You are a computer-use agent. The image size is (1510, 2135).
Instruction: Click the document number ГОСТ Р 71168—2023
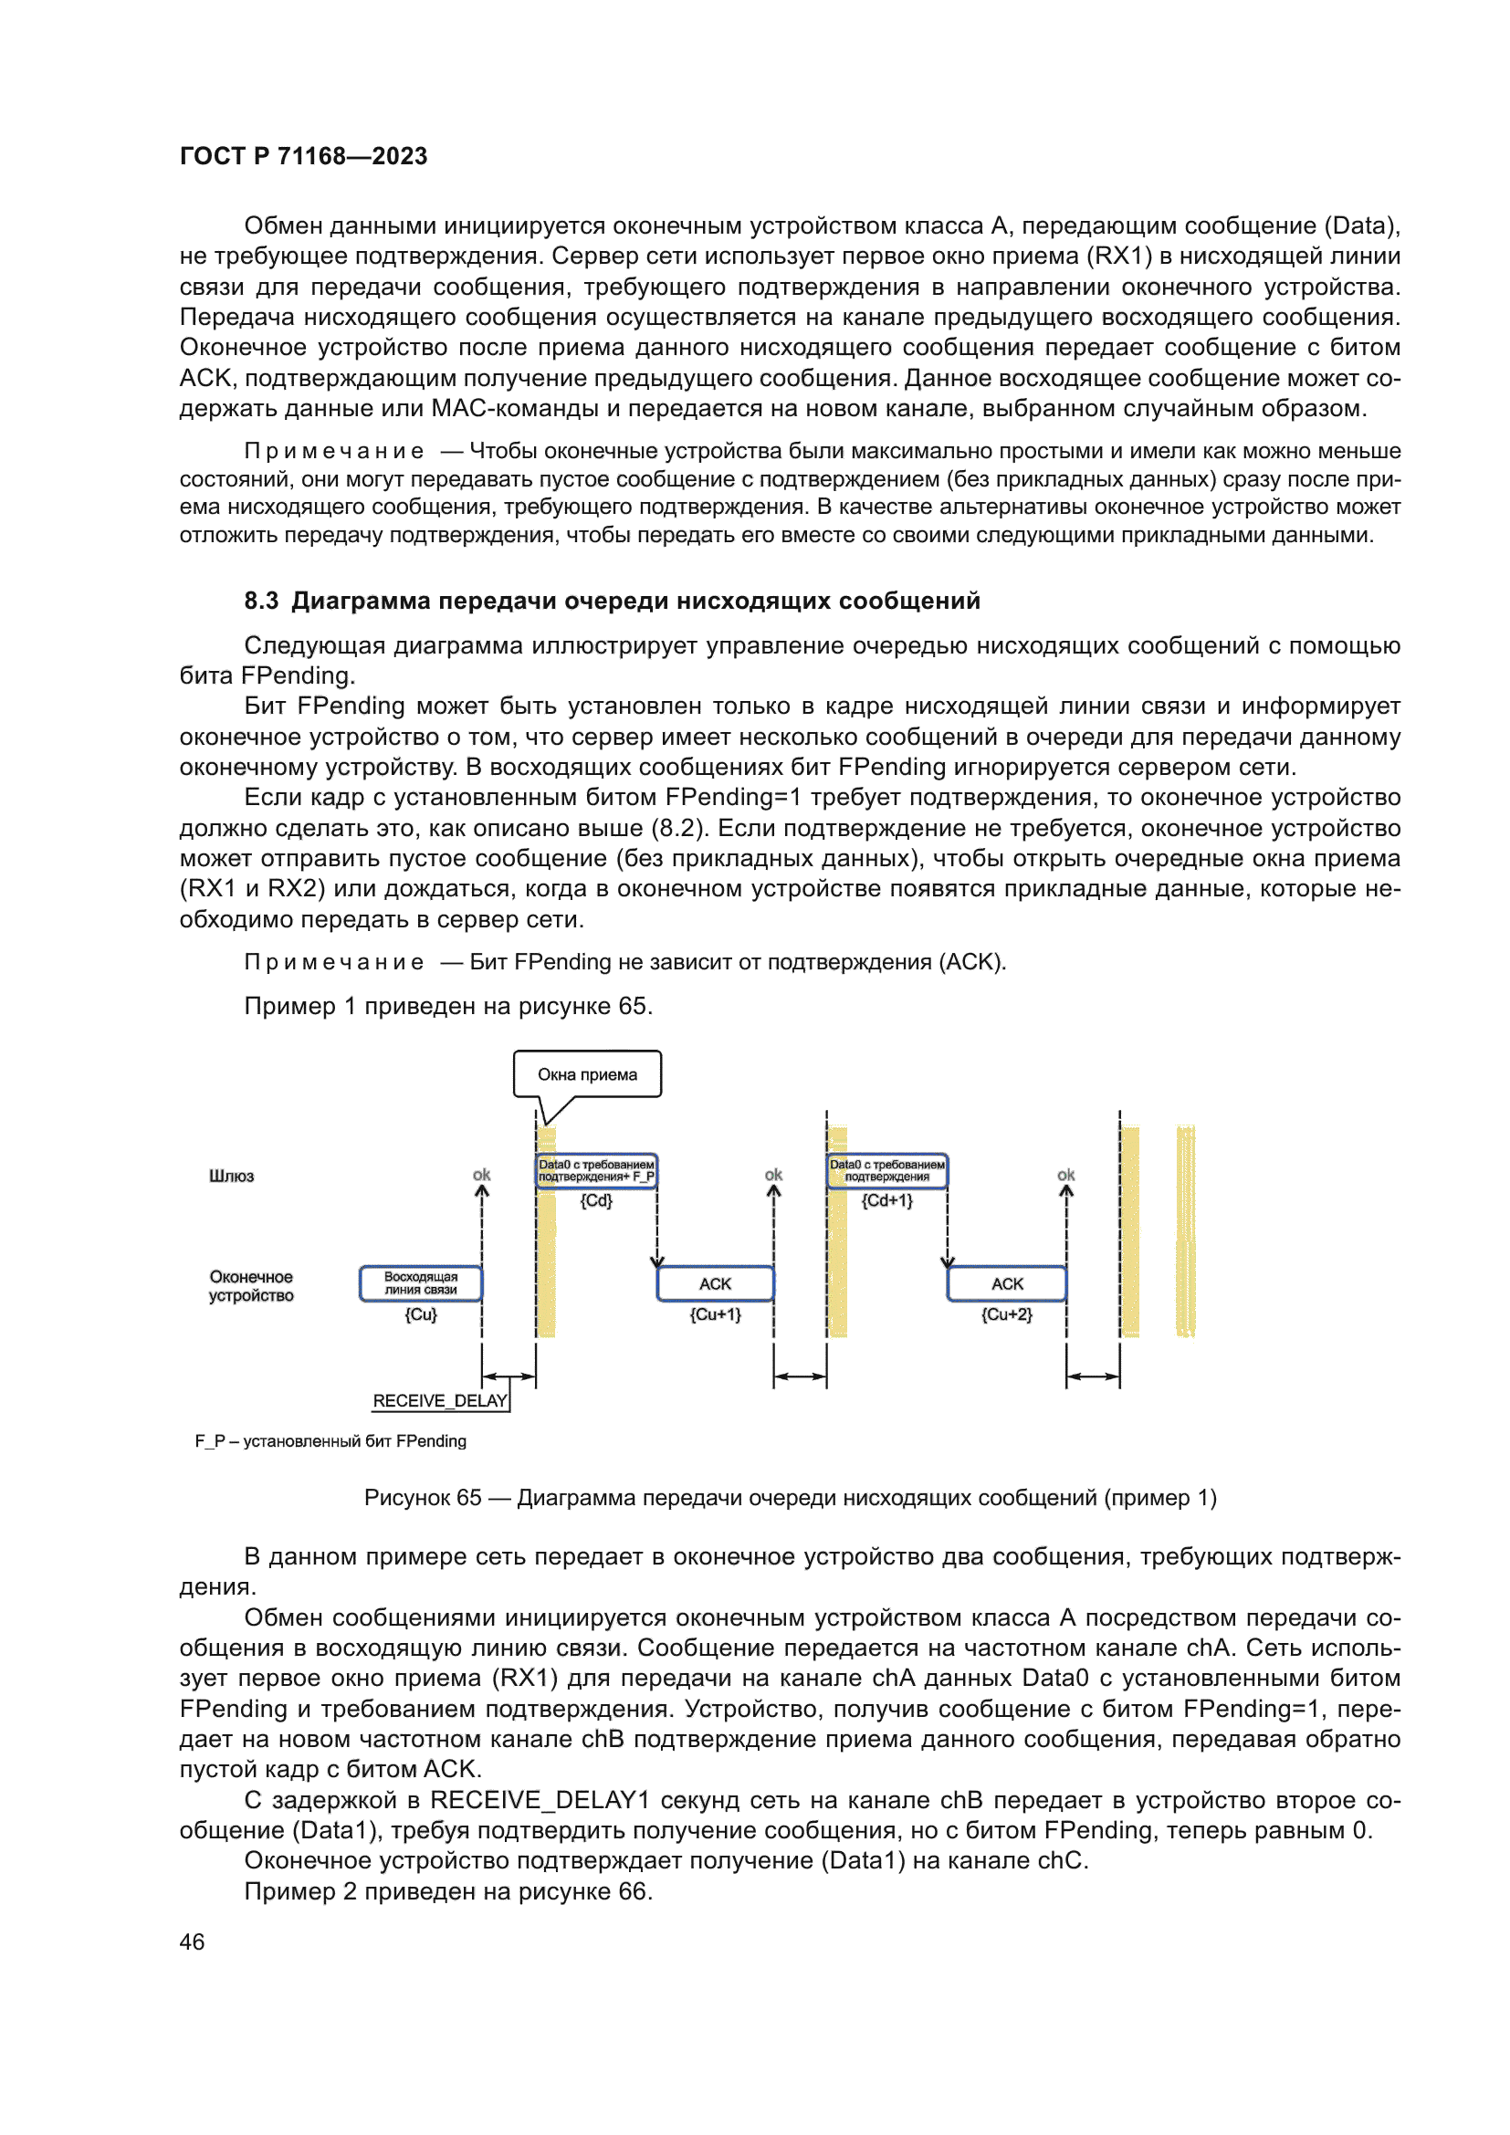(x=303, y=156)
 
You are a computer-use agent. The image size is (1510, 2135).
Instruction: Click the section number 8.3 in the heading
(x=261, y=601)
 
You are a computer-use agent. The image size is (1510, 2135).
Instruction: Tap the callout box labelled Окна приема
(x=587, y=1074)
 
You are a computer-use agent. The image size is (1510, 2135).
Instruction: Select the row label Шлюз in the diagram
(x=232, y=1177)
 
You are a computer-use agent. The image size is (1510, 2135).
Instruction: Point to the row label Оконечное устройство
(x=251, y=1286)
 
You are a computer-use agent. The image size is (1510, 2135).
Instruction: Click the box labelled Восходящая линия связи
(x=420, y=1283)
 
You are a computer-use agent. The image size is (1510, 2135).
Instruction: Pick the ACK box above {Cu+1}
(x=715, y=1283)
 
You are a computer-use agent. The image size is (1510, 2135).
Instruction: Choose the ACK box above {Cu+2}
(x=1007, y=1283)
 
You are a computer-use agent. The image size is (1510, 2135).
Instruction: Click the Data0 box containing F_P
(x=596, y=1171)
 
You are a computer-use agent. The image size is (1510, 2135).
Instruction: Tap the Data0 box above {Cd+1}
(x=887, y=1171)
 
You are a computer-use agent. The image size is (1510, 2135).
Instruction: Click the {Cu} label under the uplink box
(x=420, y=1313)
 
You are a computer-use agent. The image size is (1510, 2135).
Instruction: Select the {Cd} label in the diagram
(x=596, y=1200)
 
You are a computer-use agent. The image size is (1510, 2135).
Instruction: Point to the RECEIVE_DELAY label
(x=440, y=1400)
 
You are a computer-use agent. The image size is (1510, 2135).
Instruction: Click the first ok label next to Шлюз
(x=482, y=1175)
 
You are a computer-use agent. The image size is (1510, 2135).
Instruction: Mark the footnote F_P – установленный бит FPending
(x=330, y=1440)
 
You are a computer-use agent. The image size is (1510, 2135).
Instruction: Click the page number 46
(x=192, y=1941)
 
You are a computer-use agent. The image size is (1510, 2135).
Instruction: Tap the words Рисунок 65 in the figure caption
(x=423, y=1497)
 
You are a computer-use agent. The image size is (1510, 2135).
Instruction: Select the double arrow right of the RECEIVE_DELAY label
(x=509, y=1376)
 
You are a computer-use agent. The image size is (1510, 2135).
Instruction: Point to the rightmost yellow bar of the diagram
(x=1186, y=1231)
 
